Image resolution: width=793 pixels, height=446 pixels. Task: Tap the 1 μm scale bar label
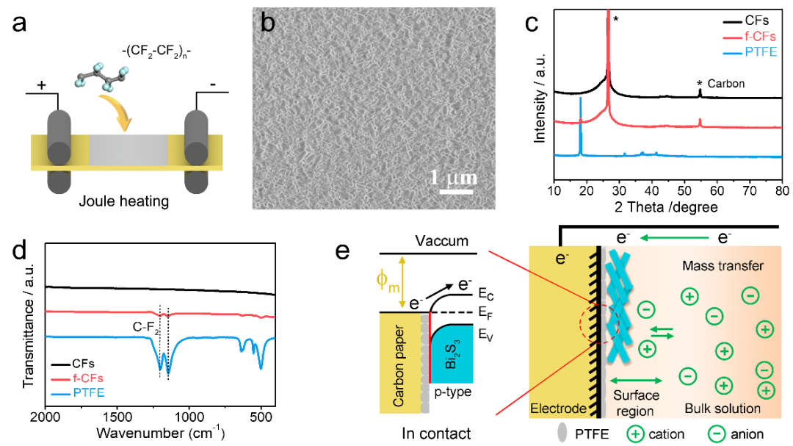pyautogui.click(x=453, y=177)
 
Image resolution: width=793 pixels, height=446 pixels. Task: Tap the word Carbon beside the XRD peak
pyautogui.click(x=725, y=84)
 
